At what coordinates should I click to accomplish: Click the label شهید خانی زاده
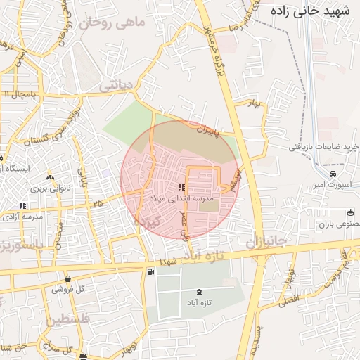coord(314,12)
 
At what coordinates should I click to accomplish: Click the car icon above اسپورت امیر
coord(333,174)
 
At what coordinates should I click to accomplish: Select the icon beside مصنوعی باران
coord(350,213)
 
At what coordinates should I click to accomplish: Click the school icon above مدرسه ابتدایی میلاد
coord(181,188)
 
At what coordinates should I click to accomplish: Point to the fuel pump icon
coord(150,272)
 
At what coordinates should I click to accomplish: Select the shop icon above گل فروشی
coord(67,278)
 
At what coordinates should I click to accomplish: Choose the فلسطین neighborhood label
coord(71,320)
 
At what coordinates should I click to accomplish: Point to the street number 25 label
coord(97,203)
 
